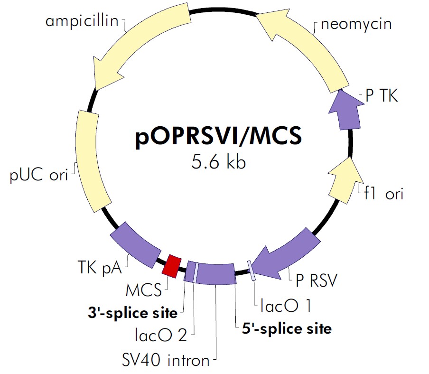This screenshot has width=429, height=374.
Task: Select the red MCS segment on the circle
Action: (171, 265)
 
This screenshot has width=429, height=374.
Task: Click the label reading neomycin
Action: (356, 24)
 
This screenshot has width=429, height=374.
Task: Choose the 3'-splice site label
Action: (132, 313)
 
